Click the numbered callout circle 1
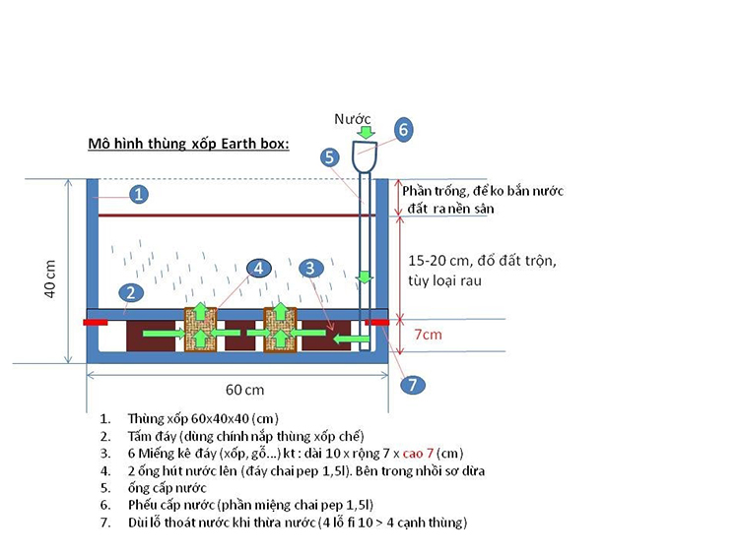(139, 195)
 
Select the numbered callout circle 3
(310, 267)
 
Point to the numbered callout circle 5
(330, 156)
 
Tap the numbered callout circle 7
(412, 384)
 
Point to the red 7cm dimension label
(426, 335)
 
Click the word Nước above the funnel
(353, 118)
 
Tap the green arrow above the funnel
(366, 132)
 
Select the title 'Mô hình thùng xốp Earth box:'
(188, 144)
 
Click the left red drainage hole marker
(96, 321)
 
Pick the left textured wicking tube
(200, 330)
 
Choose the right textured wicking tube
(280, 330)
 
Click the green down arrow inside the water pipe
(365, 277)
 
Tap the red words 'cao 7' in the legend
(408, 453)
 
